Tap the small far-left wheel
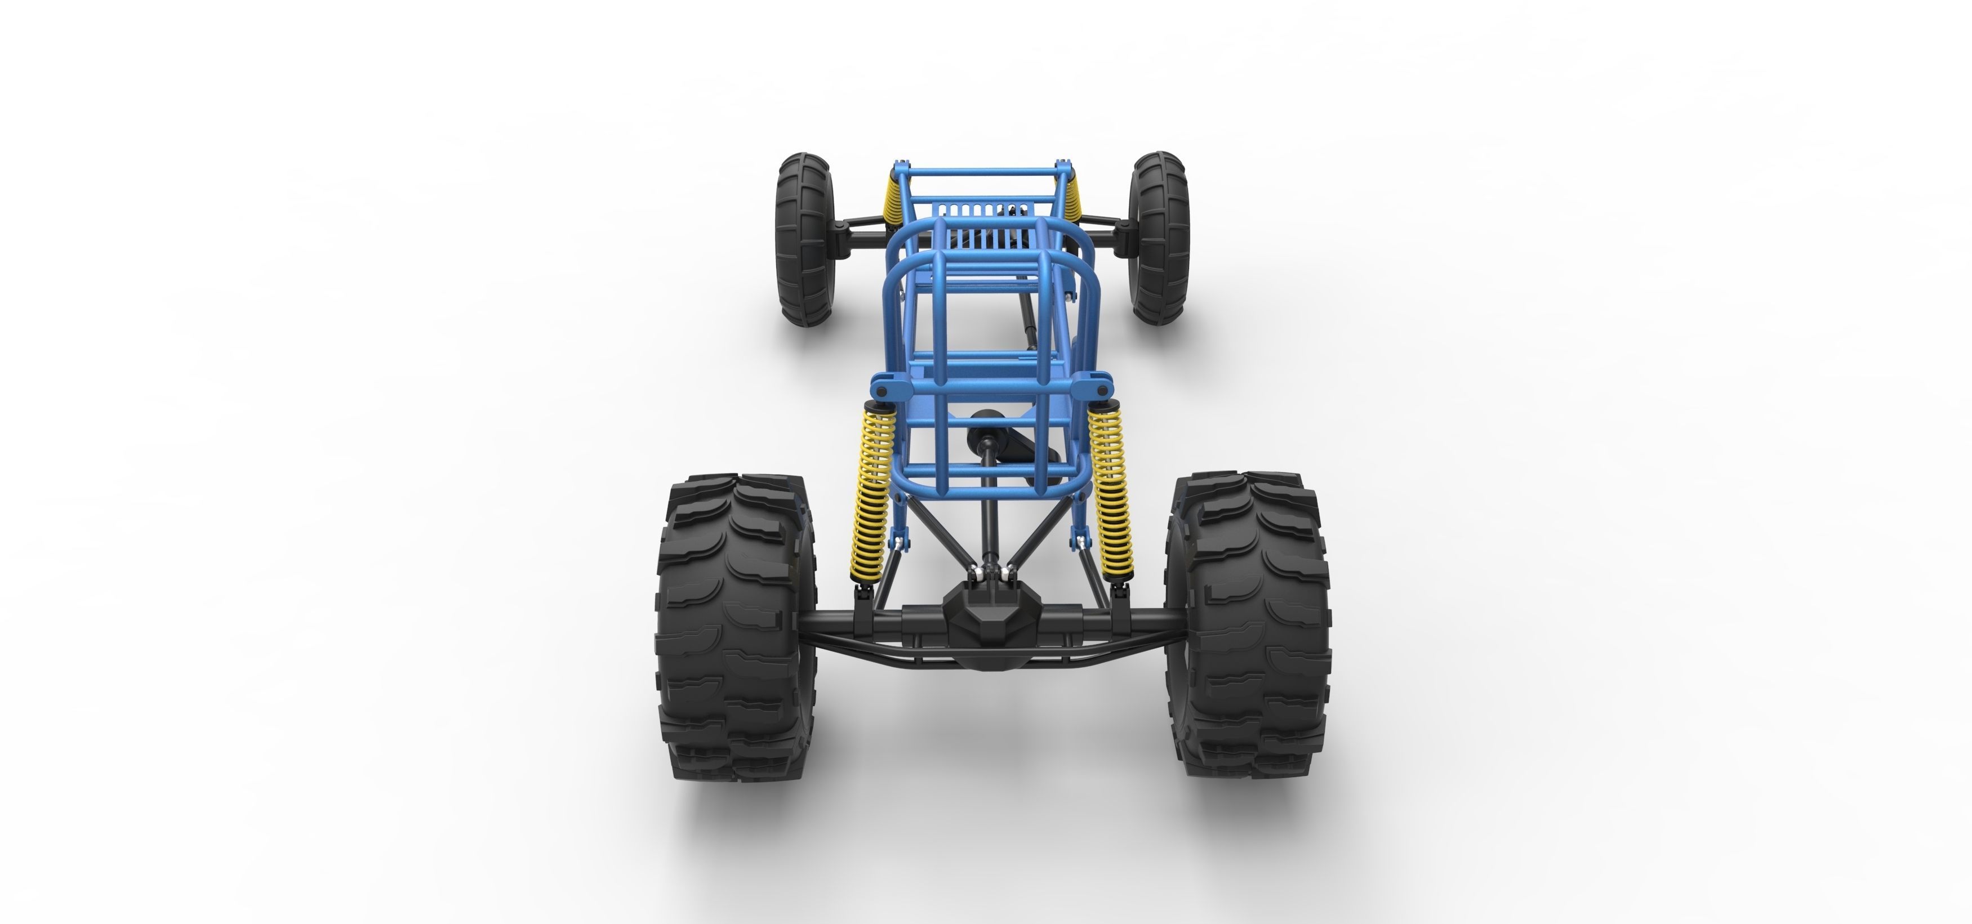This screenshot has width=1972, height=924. (804, 239)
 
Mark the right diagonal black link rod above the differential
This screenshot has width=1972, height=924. (1038, 536)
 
